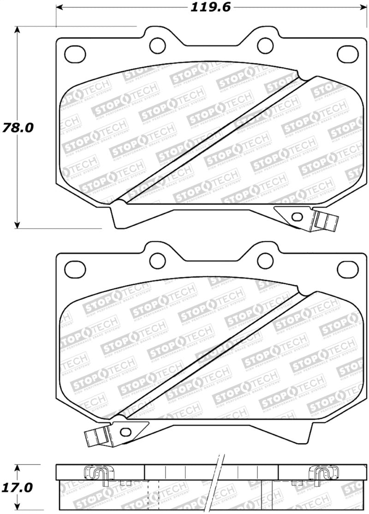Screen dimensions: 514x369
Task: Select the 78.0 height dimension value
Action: pos(18,127)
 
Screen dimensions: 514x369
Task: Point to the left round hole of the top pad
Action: pos(158,45)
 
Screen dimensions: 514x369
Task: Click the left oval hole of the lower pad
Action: pos(74,268)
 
